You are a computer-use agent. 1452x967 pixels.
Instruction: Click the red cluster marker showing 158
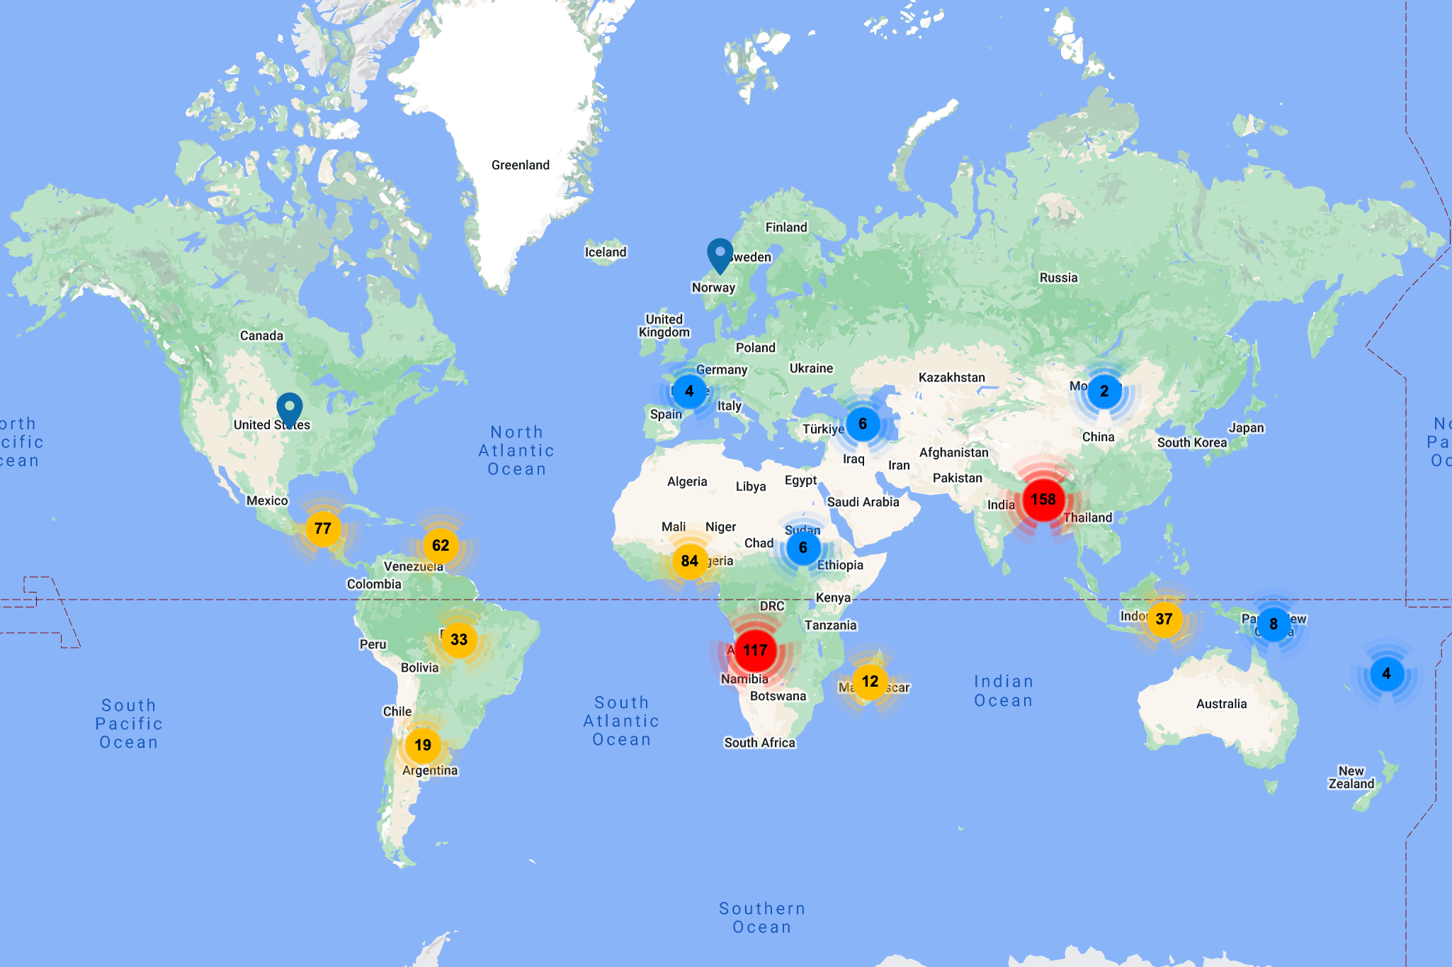[x=1043, y=500]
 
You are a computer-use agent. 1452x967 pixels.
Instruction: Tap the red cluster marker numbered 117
[x=755, y=650]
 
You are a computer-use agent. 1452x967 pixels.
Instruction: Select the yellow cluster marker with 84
[x=689, y=561]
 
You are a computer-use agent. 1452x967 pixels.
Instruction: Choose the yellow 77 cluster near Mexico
[x=323, y=528]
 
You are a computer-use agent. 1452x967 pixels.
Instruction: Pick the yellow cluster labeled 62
[x=441, y=545]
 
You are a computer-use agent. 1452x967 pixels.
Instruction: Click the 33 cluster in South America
[x=459, y=639]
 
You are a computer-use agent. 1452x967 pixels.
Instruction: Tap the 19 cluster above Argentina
[x=423, y=745]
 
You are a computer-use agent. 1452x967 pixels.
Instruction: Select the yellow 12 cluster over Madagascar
[x=870, y=681]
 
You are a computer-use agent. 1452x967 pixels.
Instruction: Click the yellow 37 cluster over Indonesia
[x=1164, y=619]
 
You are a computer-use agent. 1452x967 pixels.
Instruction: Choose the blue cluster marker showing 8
[x=1274, y=624]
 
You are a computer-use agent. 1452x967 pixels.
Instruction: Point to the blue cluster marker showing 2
[x=1104, y=391]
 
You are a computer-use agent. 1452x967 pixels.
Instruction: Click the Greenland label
[x=521, y=165]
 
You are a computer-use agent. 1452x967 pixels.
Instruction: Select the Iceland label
[x=606, y=252]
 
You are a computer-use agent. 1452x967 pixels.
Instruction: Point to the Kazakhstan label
[x=951, y=377]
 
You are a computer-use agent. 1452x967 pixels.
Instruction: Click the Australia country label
[x=1221, y=704]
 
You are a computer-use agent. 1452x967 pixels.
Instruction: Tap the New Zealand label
[x=1351, y=777]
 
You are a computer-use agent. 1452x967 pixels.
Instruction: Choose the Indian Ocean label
[x=1003, y=691]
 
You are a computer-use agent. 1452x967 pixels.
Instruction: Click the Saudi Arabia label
[x=863, y=502]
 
